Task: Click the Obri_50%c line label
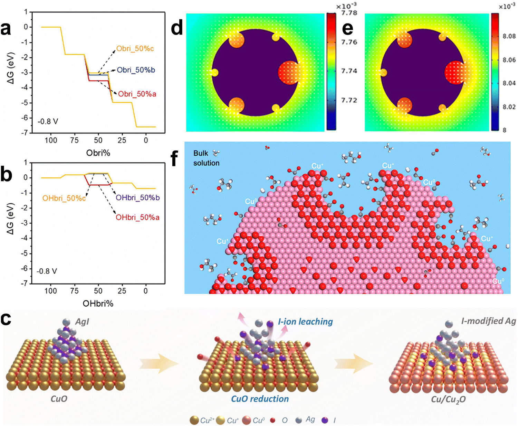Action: pos(135,49)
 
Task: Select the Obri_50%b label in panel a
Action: pos(136,70)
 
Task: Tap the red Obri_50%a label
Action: pos(137,94)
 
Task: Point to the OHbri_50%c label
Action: pos(64,198)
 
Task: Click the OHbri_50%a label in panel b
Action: pos(137,217)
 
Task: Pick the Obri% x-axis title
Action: pos(98,153)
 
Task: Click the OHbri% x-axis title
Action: pos(98,304)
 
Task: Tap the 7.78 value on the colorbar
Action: pos(349,13)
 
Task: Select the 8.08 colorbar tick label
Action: pos(509,36)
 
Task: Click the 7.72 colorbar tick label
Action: pos(349,100)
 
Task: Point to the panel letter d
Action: pos(177,27)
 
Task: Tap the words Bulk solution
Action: pos(206,158)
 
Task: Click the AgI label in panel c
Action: pos(82,322)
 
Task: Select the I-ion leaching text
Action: pos(305,322)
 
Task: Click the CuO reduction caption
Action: pos(260,399)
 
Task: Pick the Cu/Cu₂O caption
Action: pos(449,399)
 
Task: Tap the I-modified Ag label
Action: pos(489,321)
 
